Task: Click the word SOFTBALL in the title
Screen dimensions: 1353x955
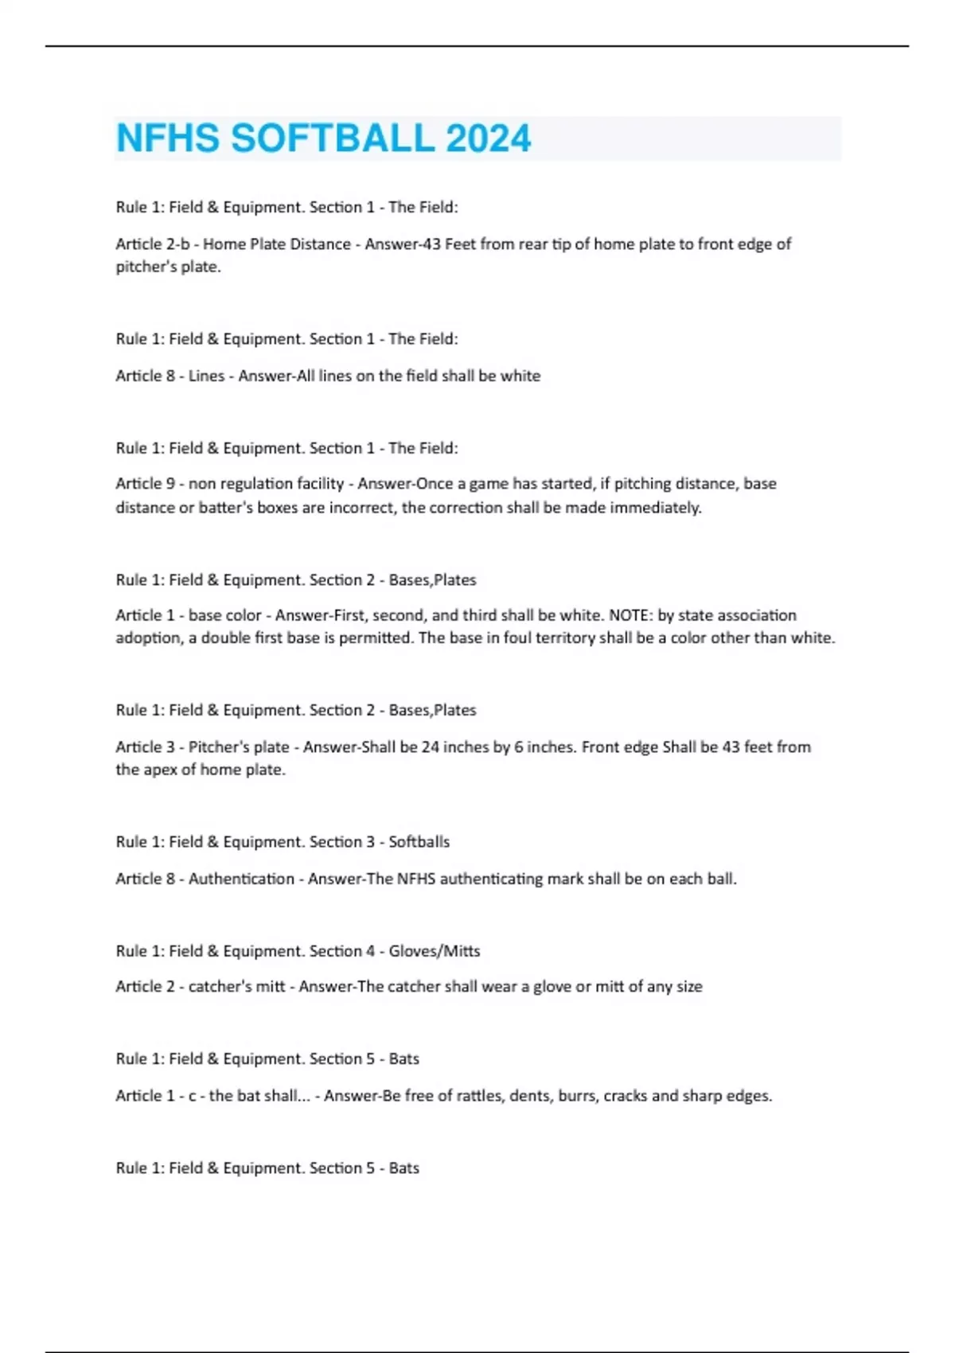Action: coord(332,138)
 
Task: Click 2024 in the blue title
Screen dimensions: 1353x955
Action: coord(488,138)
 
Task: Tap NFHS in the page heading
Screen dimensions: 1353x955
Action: coord(167,138)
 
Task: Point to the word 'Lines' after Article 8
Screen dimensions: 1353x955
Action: coord(206,376)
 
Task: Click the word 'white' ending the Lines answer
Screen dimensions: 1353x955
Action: coord(520,376)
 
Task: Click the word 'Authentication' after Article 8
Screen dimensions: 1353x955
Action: coord(241,879)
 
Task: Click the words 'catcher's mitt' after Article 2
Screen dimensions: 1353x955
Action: coord(236,987)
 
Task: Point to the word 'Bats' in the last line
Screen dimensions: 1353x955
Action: coord(403,1168)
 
